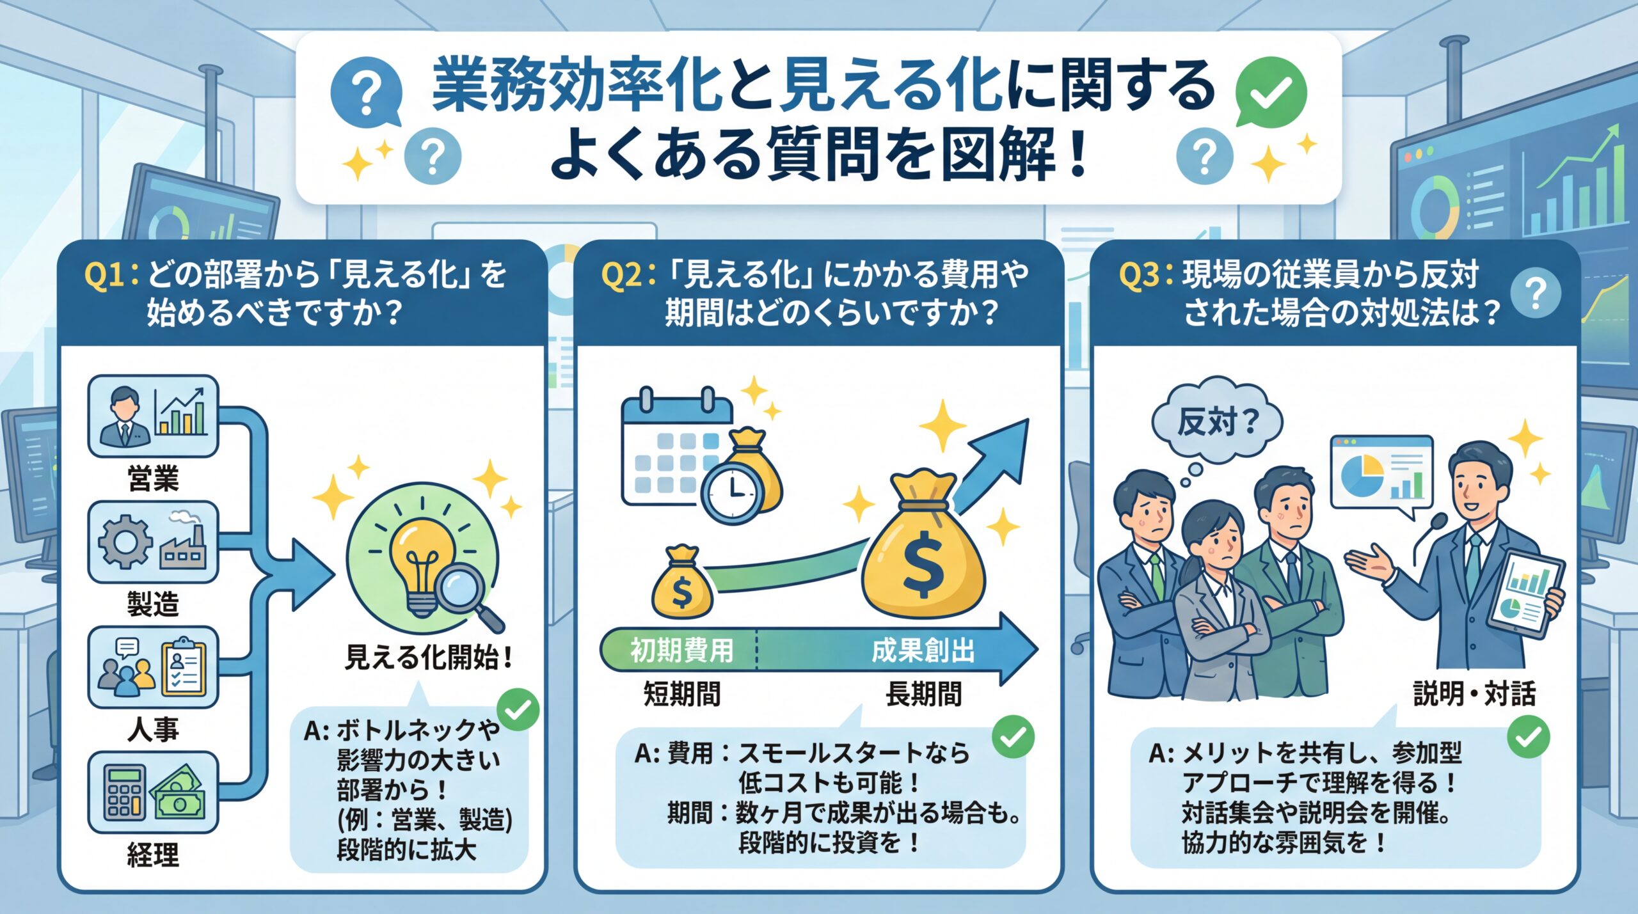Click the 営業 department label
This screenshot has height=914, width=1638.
point(153,478)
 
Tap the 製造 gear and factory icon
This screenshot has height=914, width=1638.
point(153,542)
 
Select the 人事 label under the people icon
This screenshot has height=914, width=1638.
point(153,729)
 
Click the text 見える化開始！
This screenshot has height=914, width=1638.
point(429,658)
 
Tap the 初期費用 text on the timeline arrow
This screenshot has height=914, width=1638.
point(682,650)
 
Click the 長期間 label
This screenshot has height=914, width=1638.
point(923,694)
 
